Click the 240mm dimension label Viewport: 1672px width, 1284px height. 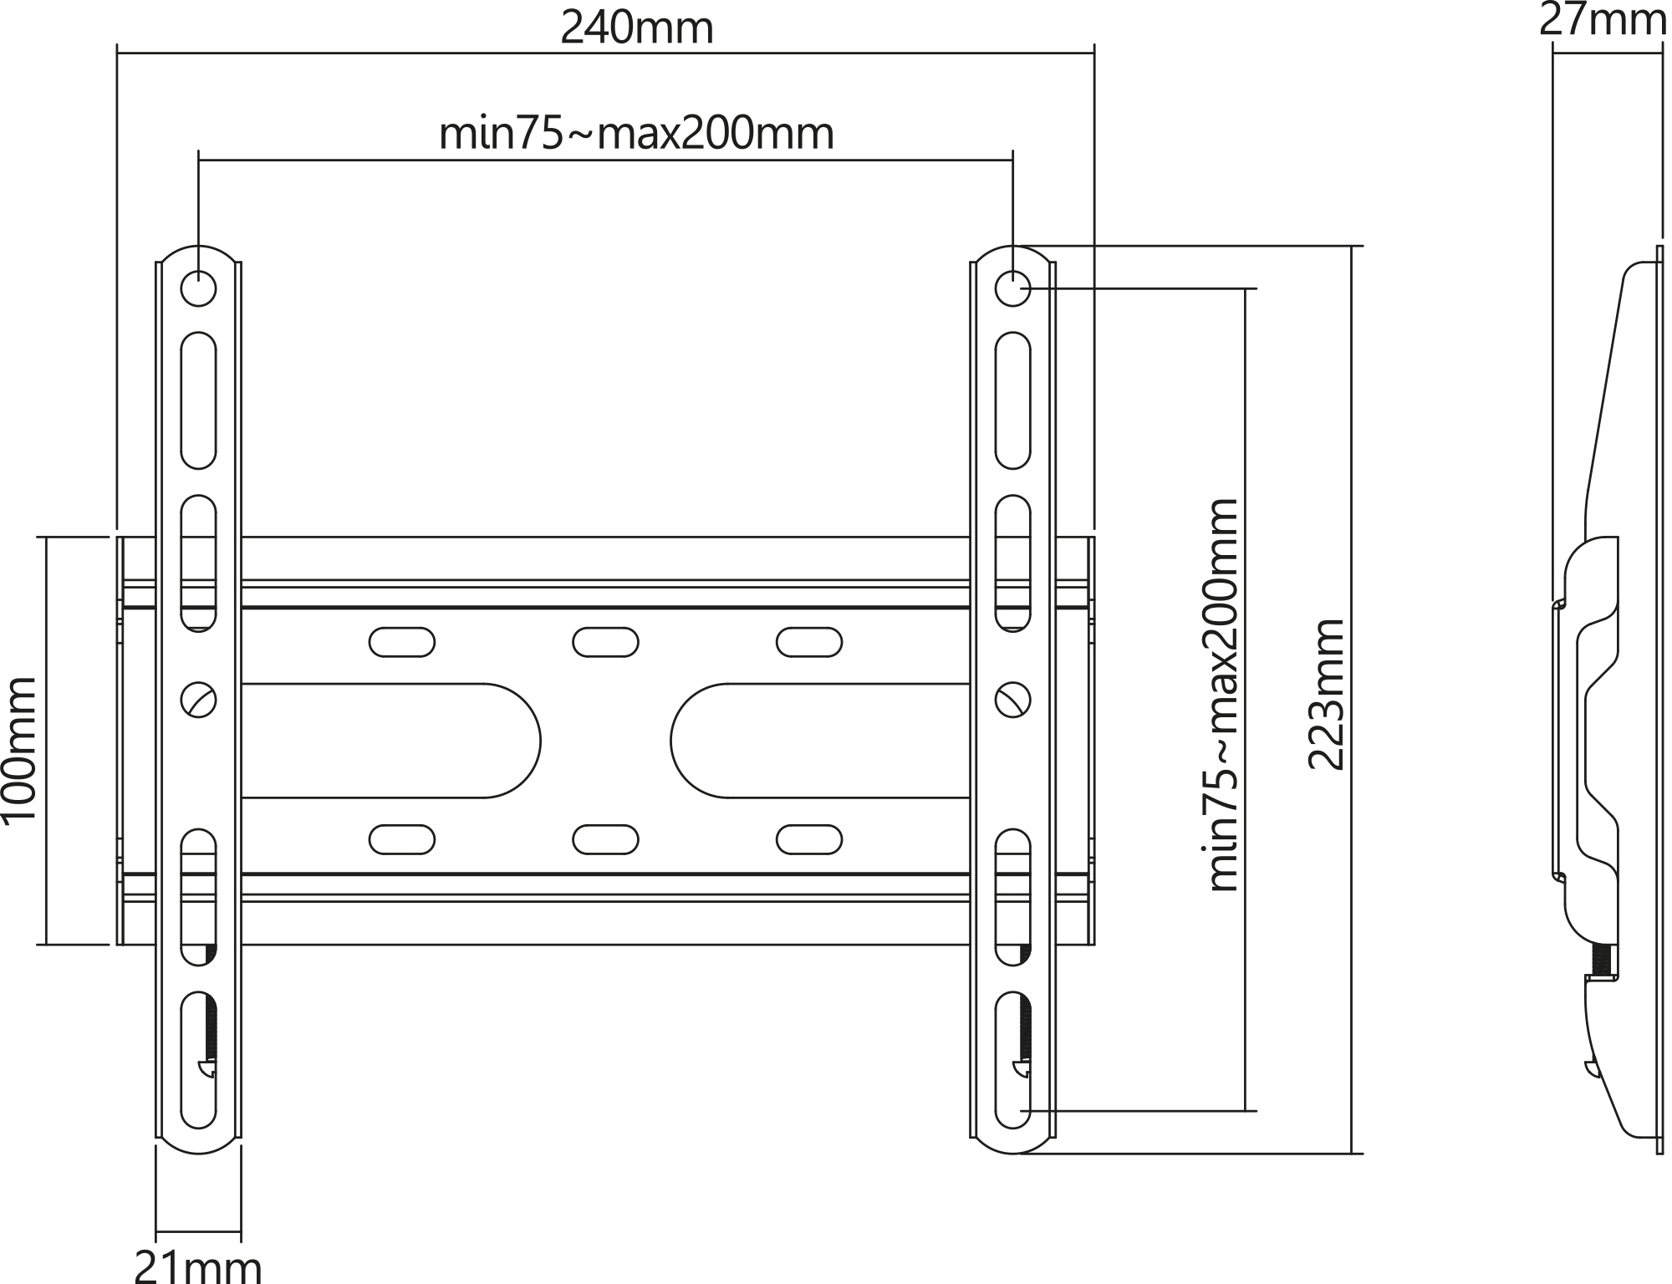(x=637, y=28)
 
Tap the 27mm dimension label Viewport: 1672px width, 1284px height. (x=1603, y=20)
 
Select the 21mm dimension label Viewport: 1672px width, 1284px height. (x=198, y=1266)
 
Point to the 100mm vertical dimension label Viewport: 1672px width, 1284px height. (x=19, y=749)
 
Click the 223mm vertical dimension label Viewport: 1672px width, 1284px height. (x=1326, y=694)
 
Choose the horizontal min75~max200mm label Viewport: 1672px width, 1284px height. (x=637, y=134)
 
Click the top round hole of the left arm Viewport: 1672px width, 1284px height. (x=198, y=289)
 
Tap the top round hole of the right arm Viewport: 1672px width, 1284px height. (x=1012, y=289)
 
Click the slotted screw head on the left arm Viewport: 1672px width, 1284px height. (x=199, y=700)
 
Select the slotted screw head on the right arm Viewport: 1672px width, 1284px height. (x=1013, y=700)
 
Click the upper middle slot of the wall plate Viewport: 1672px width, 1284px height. (x=605, y=642)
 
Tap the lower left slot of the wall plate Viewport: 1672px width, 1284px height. (x=402, y=839)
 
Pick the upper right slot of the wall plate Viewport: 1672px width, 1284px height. (x=809, y=642)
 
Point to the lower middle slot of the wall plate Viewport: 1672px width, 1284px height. (x=605, y=839)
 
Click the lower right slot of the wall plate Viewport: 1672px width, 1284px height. (x=809, y=839)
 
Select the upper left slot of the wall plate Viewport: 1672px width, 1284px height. (x=402, y=642)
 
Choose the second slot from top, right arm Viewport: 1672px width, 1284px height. (x=1012, y=562)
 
